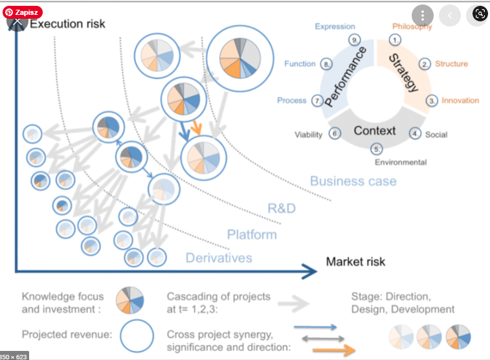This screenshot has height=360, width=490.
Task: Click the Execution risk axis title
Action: (67, 24)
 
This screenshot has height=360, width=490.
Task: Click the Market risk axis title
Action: (355, 262)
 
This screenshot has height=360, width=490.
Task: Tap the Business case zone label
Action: (353, 181)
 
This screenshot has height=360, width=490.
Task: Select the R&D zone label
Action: (282, 208)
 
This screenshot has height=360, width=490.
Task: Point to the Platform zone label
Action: (251, 234)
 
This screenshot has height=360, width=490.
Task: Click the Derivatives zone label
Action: (219, 258)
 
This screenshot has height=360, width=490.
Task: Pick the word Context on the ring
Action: (375, 131)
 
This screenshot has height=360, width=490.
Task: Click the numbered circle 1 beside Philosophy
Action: (395, 39)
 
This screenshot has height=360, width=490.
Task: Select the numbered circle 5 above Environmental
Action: (378, 149)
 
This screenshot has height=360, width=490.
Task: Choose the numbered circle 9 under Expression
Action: (354, 39)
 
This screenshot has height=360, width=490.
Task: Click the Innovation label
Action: (460, 100)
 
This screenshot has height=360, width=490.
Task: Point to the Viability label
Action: (308, 135)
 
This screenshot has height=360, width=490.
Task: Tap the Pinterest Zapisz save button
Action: (23, 12)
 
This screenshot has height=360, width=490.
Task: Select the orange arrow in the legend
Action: (333, 350)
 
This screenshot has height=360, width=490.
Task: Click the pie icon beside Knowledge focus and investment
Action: (130, 302)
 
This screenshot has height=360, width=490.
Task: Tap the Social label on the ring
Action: (436, 135)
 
